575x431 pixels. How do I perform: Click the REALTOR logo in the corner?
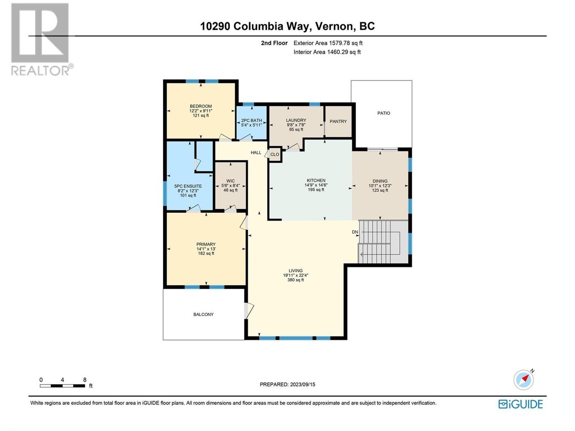(x=40, y=39)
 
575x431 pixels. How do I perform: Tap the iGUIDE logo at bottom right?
(x=521, y=404)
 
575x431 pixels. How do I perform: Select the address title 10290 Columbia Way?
(x=287, y=26)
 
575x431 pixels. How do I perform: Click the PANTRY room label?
(x=338, y=122)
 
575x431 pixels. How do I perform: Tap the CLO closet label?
(x=275, y=154)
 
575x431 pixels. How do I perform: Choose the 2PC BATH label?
(x=251, y=120)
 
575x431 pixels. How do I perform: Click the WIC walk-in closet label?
(x=230, y=181)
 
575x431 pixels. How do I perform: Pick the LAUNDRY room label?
(x=296, y=120)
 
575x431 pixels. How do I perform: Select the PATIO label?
(x=383, y=113)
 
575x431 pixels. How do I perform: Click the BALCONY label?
(x=203, y=314)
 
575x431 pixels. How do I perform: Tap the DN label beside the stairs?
(x=355, y=232)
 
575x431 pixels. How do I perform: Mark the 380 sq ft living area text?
(x=295, y=280)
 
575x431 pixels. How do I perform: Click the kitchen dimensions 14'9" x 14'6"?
(x=316, y=185)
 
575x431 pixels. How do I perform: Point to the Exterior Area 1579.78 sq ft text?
(x=328, y=43)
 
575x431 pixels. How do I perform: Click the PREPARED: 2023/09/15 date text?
(x=287, y=384)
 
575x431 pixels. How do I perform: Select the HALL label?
(x=256, y=153)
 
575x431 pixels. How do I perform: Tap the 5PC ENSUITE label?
(x=188, y=186)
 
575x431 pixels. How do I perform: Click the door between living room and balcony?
(x=248, y=310)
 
